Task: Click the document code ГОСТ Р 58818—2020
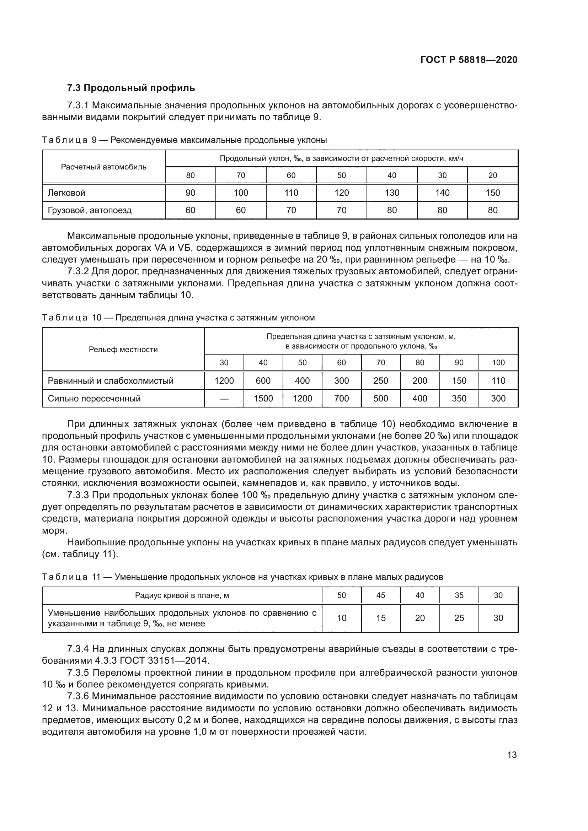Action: [469, 60]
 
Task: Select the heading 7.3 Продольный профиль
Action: [131, 88]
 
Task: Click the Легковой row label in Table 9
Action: [66, 193]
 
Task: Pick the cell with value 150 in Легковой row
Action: [492, 193]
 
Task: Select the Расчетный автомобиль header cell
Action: [103, 167]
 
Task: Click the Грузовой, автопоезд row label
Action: [90, 210]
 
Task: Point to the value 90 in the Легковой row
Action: [190, 193]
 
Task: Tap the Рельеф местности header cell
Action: [123, 350]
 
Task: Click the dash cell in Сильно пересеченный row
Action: [224, 399]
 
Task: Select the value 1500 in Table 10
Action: [263, 399]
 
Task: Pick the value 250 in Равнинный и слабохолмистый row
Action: [380, 381]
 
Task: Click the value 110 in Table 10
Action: [498, 381]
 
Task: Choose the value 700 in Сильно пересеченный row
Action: [341, 399]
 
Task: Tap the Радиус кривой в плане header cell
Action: [182, 595]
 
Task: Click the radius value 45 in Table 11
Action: [380, 595]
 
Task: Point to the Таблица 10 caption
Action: [178, 318]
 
